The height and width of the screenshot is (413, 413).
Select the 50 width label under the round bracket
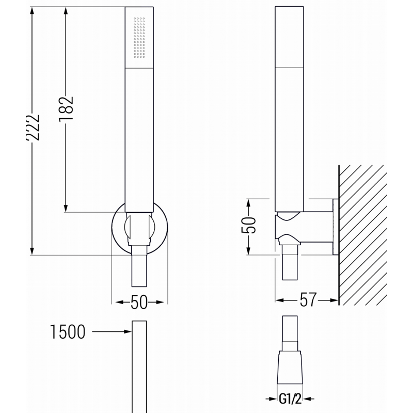[139, 302]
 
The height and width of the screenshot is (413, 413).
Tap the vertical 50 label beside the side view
[249, 226]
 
